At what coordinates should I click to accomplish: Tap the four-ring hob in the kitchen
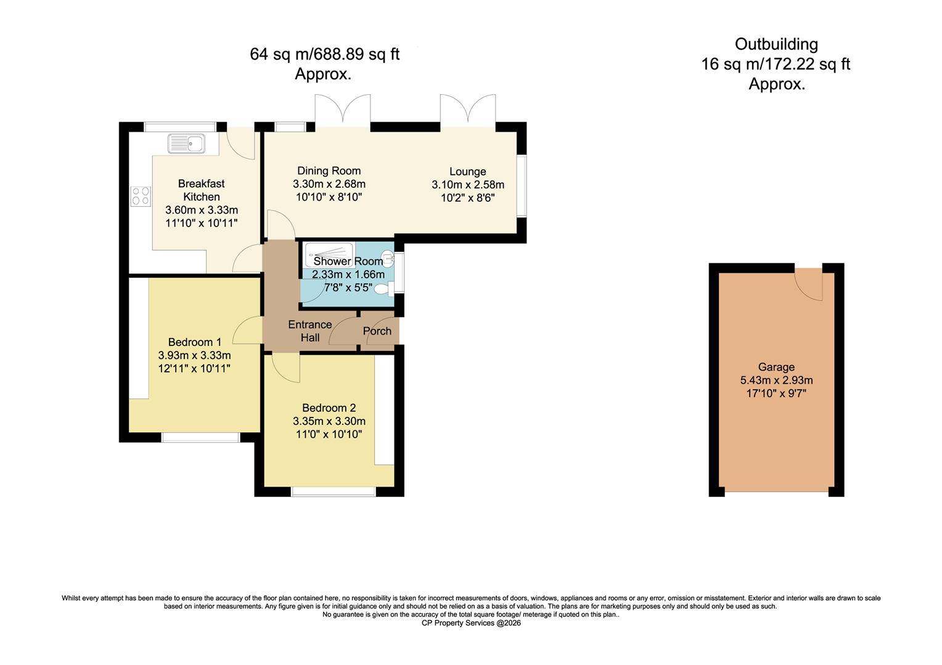point(140,196)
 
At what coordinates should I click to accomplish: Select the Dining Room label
point(329,171)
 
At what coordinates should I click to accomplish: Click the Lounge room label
point(467,172)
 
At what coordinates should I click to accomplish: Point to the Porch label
point(377,331)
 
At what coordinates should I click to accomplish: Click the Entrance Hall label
point(310,331)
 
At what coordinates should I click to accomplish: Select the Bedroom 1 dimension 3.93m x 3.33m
point(194,355)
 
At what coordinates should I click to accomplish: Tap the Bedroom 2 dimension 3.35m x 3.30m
point(329,421)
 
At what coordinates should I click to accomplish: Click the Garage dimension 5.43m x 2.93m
point(776,380)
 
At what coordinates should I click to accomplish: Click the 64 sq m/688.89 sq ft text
point(324,54)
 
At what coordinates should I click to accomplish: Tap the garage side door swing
point(808,283)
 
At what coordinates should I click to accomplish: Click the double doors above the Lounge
point(468,111)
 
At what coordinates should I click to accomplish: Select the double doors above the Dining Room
point(343,111)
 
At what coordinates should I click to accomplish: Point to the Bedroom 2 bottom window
point(334,491)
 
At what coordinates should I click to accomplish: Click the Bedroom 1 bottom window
point(200,437)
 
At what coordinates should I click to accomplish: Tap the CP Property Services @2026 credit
point(471,623)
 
